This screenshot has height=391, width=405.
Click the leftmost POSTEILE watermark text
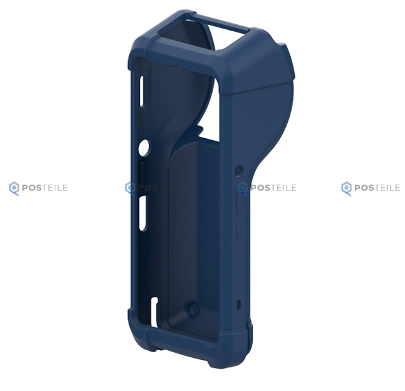click(45, 187)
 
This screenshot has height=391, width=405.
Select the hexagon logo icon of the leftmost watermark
click(14, 188)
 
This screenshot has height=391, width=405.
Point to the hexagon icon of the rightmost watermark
click(346, 188)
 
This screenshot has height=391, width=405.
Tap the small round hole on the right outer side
click(239, 170)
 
